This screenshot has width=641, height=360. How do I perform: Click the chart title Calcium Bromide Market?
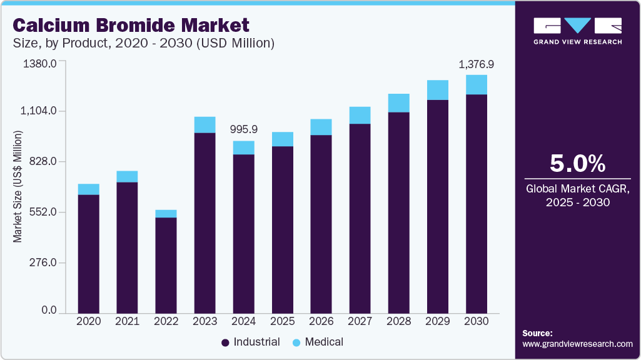[x=131, y=25]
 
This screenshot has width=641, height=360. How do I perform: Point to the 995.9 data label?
[x=243, y=130]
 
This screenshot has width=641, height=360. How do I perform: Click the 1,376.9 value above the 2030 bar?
[x=476, y=64]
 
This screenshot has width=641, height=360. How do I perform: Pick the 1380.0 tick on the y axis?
[x=39, y=64]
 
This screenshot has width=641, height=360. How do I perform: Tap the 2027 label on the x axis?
[x=360, y=321]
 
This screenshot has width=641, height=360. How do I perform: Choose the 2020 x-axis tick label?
[x=88, y=321]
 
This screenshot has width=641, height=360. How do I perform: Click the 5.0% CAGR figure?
[x=577, y=164]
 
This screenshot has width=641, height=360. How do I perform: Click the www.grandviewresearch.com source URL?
[x=577, y=344]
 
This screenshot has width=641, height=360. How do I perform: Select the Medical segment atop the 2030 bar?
[x=476, y=84]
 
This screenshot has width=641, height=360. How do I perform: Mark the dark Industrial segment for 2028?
[x=398, y=212]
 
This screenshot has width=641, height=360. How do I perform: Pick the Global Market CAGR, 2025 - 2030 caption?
[x=577, y=195]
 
